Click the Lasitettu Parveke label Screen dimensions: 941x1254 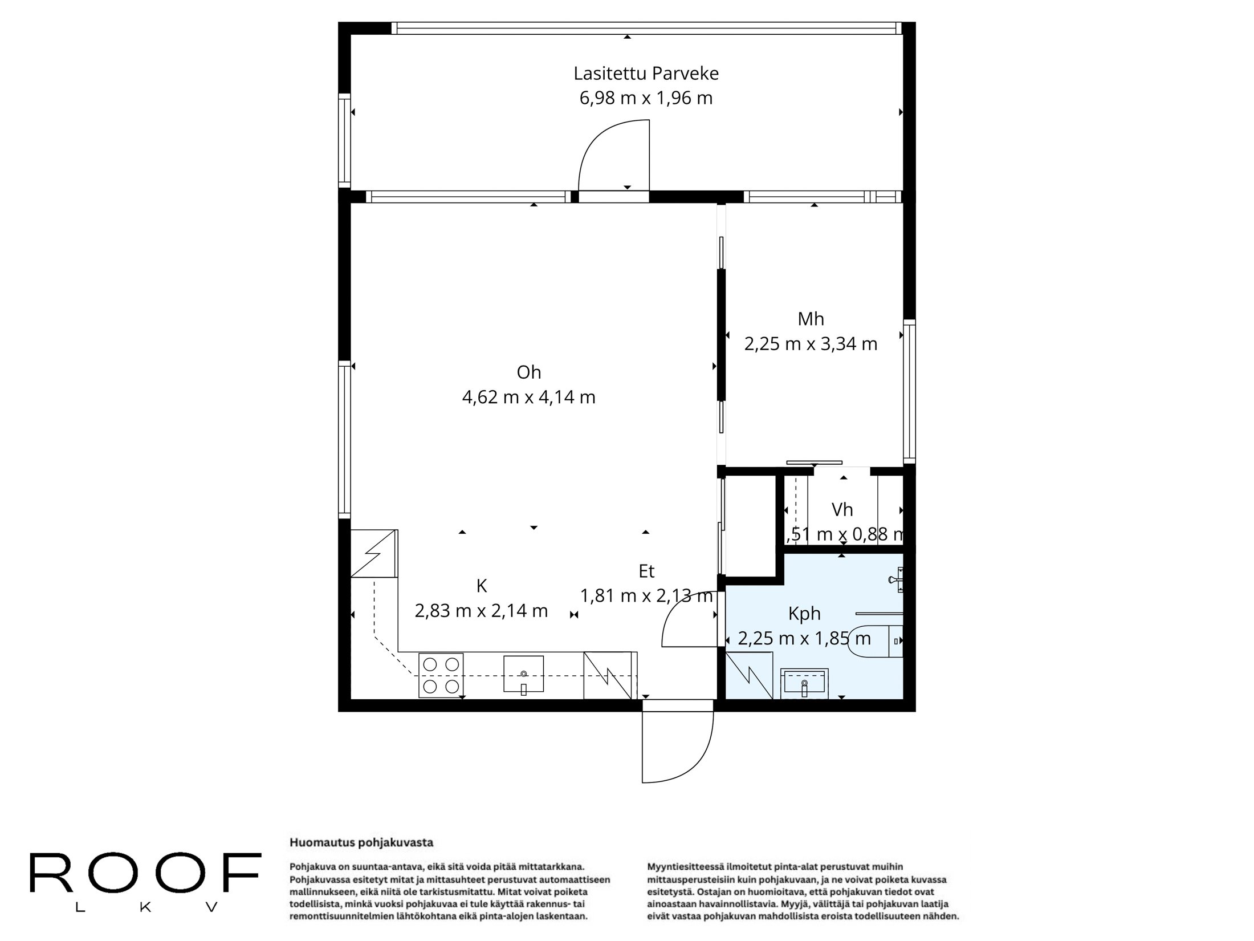click(x=646, y=74)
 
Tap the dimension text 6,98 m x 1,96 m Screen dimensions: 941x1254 click(x=646, y=98)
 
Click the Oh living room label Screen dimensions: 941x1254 click(x=528, y=372)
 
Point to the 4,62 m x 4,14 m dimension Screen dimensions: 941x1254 click(x=528, y=397)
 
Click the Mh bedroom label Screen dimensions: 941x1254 click(x=811, y=319)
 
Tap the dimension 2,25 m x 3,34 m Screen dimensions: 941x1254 click(x=811, y=344)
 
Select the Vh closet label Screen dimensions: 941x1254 click(x=842, y=509)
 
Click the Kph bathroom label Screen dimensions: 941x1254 click(x=804, y=614)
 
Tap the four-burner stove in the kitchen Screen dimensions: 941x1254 click(x=441, y=675)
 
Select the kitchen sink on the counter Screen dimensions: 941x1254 click(x=523, y=674)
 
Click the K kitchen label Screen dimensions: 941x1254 click(x=482, y=586)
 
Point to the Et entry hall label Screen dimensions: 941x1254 click(x=646, y=571)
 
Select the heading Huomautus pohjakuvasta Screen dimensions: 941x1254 click(x=361, y=842)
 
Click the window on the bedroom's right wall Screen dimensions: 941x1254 click(x=909, y=391)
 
